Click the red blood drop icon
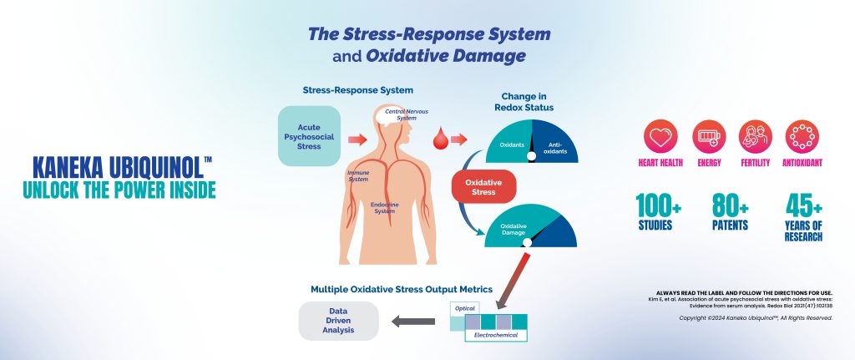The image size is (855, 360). pos(438,135)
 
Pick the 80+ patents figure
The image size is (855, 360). pos(731,210)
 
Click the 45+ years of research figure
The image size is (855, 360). pos(804,216)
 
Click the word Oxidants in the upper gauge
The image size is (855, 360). pos(512,145)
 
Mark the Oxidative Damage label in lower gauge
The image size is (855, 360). pos(512,230)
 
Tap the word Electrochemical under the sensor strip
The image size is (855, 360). pos(496,335)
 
